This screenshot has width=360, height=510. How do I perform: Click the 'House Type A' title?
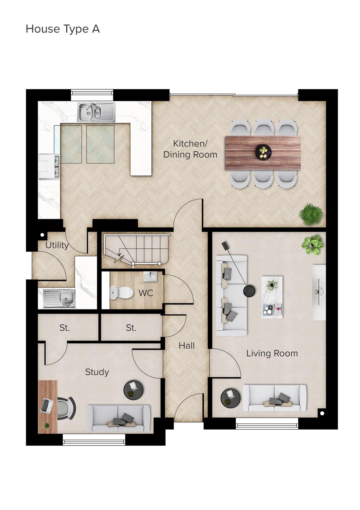coord(63,29)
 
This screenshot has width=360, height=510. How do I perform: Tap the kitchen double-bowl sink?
coord(96,112)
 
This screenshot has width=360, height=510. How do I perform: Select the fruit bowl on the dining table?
coord(263,152)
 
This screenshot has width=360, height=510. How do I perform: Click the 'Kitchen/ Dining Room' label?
coord(190,149)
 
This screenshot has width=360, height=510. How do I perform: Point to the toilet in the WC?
coord(121,293)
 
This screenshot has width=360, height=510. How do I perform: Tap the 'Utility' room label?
coord(57,245)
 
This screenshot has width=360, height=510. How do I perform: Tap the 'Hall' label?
coord(186,346)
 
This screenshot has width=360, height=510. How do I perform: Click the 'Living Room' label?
coord(272,353)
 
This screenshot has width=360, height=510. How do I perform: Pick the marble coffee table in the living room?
coord(272,297)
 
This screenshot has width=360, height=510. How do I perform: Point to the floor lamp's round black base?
coord(249,291)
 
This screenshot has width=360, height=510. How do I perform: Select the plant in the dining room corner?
coord(311,214)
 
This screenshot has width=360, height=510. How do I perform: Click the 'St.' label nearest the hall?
coord(131,328)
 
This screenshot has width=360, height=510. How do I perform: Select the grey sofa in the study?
coord(118,418)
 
